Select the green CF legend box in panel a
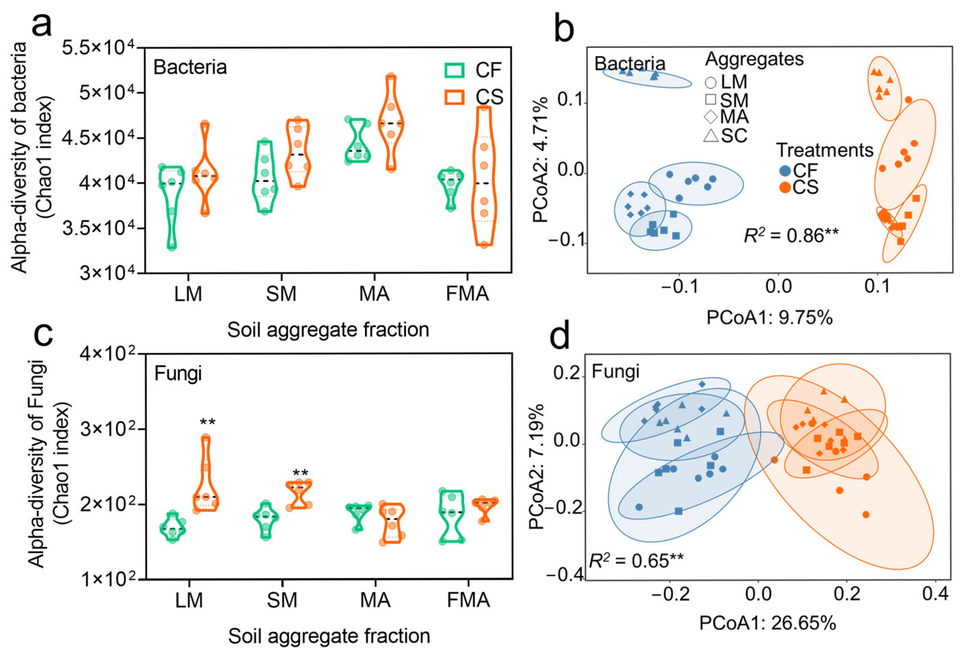454,70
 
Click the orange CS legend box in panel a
454,97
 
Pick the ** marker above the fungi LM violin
207,423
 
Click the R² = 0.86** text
790,236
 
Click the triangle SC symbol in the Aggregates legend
711,136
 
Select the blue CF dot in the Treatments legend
785,170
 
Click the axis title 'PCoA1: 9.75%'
769,318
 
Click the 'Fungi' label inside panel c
178,374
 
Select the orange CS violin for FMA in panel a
484,177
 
